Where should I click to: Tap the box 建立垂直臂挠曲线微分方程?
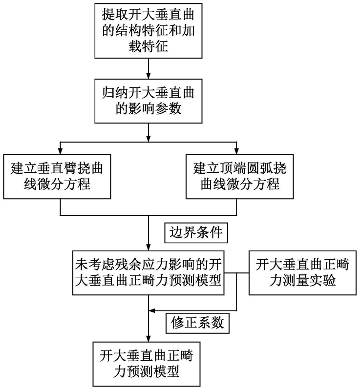point(60,176)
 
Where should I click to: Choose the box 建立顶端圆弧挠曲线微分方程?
point(237,176)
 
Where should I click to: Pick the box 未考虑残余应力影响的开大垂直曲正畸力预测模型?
point(148,273)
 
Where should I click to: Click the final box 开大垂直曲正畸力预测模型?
point(148,362)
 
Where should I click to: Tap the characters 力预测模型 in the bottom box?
point(148,371)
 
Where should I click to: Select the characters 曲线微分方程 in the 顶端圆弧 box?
point(237,185)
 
